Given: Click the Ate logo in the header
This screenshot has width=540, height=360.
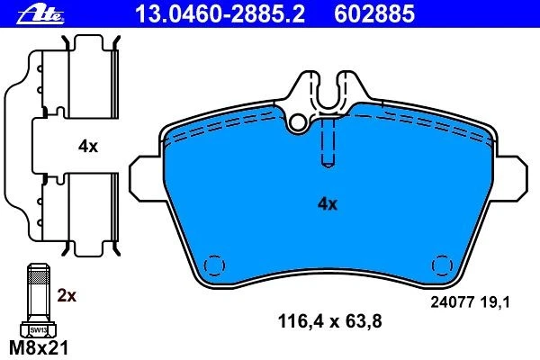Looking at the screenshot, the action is click(x=40, y=15).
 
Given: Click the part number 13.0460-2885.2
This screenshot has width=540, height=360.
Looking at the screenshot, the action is click(x=220, y=14).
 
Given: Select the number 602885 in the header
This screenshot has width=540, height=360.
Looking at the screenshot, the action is click(x=374, y=14).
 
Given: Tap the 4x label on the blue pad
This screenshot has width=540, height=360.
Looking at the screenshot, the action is click(x=328, y=204).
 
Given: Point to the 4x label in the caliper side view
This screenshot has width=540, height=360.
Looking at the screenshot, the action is click(x=88, y=147).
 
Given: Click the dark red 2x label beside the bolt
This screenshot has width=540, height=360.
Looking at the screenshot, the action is click(x=67, y=295).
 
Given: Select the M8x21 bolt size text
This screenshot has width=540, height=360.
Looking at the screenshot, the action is click(x=39, y=348).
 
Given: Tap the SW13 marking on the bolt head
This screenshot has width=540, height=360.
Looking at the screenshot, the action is click(x=38, y=330).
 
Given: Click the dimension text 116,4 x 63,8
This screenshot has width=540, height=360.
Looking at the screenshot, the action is click(x=329, y=321).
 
